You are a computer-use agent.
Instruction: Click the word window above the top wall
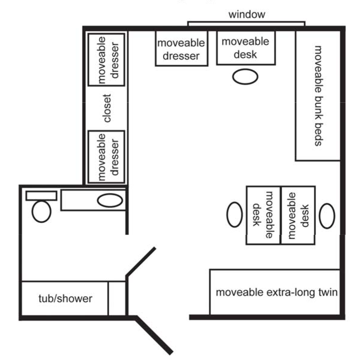point(247,14)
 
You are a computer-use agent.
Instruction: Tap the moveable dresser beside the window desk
point(181,49)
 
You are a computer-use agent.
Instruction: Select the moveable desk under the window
point(246,48)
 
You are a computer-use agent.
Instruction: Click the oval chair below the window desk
point(245,76)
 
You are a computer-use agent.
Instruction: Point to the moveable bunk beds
point(318,95)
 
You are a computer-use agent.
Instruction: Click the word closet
point(107,108)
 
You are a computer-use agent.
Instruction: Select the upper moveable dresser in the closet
point(106,60)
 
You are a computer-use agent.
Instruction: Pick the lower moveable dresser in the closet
point(106,157)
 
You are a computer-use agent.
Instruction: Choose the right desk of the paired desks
point(298,215)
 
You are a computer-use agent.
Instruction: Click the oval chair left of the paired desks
point(234,214)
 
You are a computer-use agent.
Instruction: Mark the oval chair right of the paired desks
point(327,216)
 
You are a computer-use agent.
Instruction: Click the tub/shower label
point(65,298)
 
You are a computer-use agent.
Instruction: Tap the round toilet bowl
point(41,211)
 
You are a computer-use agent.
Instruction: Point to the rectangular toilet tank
point(41,196)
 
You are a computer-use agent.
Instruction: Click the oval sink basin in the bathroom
point(110,201)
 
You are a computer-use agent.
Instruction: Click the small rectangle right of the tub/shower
point(117,298)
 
